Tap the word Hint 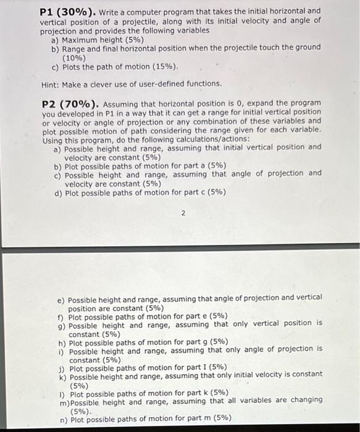pyautogui.click(x=52, y=83)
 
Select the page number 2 pyautogui.click(x=183, y=214)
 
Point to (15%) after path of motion pyautogui.click(x=163, y=66)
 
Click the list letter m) pyautogui.click(x=65, y=401)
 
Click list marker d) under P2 pyautogui.click(x=59, y=193)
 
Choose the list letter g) pyautogui.click(x=62, y=325)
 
